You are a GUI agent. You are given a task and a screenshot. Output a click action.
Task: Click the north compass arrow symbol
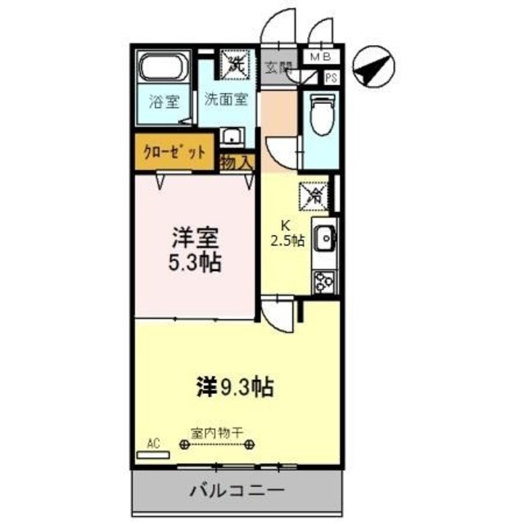click(373, 68)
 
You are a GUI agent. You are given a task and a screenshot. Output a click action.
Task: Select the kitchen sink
click(323, 239)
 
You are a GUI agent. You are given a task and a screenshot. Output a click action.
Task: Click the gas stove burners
click(322, 280)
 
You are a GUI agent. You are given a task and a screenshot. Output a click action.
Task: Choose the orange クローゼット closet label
click(174, 153)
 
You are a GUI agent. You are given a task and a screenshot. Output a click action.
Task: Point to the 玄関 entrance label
click(278, 68)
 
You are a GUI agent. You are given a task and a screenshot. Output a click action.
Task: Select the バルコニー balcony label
click(237, 494)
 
